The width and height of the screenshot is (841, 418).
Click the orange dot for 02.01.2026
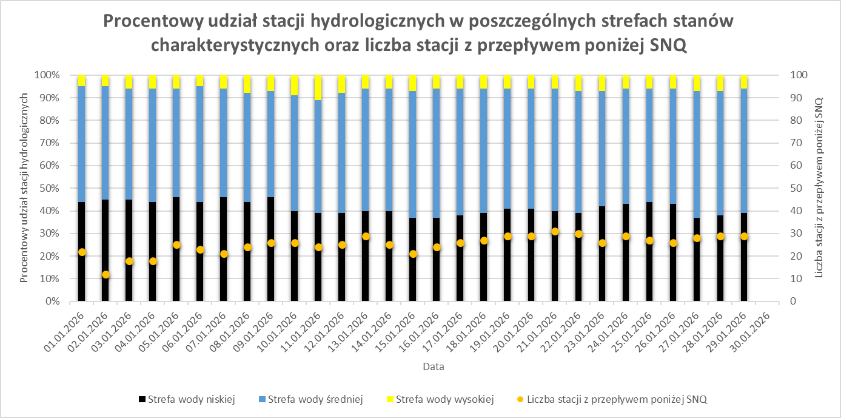106,275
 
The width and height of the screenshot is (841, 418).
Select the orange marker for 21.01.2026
555,232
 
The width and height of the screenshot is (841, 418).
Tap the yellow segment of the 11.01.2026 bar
318,87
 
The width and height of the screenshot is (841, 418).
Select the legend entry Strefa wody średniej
310,399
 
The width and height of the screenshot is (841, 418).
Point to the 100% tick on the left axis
47,75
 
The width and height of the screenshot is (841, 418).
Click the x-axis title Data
433,367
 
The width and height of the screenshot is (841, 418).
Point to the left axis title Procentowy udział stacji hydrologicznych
25,188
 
